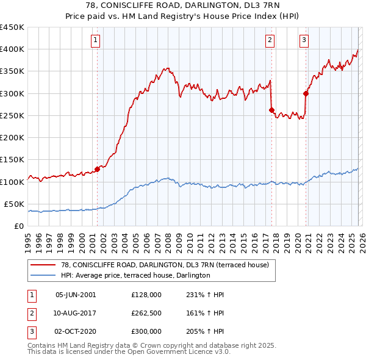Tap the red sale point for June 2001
tap(97, 169)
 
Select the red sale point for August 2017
tap(271, 110)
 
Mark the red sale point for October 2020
tap(306, 93)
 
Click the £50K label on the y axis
tap(15, 204)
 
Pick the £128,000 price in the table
tap(146, 294)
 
